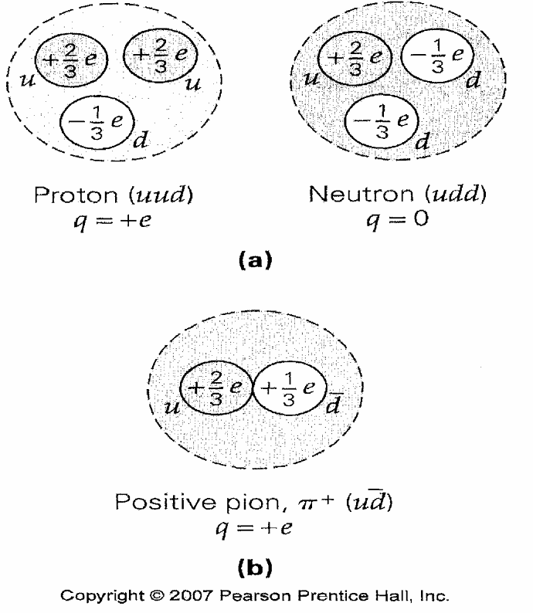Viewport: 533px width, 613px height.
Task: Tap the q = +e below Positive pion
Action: click(266, 530)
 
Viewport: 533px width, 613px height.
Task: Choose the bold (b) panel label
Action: click(265, 570)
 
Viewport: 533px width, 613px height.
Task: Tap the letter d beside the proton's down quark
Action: click(141, 141)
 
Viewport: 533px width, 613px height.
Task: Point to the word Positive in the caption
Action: click(159, 506)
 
